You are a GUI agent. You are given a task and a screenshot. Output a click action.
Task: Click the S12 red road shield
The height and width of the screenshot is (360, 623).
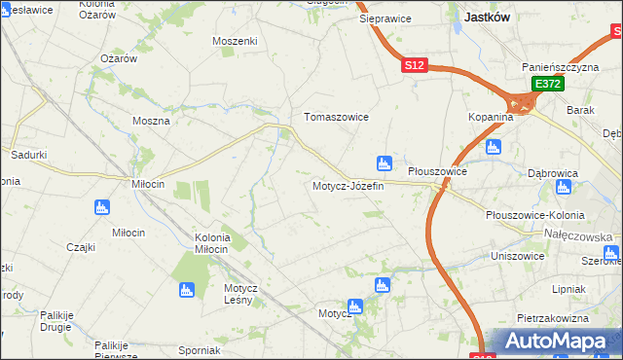[x=415, y=65]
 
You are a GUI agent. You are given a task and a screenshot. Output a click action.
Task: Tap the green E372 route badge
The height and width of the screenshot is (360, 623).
[x=547, y=86]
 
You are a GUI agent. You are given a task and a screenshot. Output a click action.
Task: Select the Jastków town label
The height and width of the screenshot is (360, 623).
[x=490, y=17]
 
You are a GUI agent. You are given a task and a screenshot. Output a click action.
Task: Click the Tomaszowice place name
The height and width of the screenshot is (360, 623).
[x=337, y=117]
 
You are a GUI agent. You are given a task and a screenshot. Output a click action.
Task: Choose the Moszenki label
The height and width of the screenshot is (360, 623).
[x=235, y=41]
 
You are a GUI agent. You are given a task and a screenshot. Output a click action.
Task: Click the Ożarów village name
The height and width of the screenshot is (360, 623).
[x=119, y=58]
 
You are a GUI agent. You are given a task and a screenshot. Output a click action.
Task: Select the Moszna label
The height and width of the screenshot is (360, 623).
[x=151, y=122]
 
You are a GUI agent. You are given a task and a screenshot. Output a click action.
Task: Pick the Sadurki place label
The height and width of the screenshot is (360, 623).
[x=29, y=155]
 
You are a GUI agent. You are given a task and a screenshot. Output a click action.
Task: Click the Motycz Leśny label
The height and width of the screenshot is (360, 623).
[x=239, y=294]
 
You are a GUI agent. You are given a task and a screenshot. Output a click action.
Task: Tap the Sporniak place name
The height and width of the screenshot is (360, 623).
[x=201, y=350]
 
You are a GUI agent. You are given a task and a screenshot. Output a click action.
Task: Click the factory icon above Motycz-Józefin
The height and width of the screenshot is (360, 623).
[x=385, y=162]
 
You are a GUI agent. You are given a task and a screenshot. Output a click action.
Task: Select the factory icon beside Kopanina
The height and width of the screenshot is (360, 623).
[x=493, y=147]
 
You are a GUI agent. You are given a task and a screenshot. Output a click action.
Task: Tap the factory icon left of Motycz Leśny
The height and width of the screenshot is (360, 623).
[x=186, y=289]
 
